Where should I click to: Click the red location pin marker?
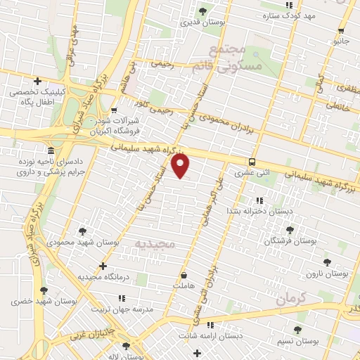pos(181,166)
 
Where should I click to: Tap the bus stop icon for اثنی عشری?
pos(252,162)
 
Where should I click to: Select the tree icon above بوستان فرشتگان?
pos(289,229)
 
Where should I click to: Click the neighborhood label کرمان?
pos(292,298)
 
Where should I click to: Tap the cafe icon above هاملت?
pos(184,276)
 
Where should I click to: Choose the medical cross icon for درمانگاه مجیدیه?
pos(103,266)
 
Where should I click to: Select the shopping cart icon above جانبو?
pos(341,30)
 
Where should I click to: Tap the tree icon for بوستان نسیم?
pos(300,329)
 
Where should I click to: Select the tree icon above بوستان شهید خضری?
pos(44,290)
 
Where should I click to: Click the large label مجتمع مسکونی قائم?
pos(235,58)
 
